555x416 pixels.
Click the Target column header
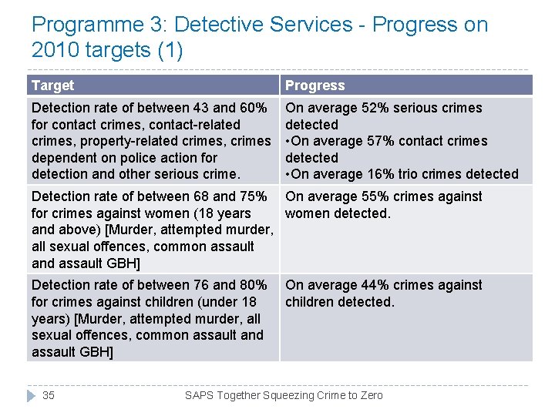click(53, 86)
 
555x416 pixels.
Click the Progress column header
click(315, 86)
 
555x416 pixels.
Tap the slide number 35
click(49, 395)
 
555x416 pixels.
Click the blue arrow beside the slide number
click(31, 395)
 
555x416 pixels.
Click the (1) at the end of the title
click(170, 51)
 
